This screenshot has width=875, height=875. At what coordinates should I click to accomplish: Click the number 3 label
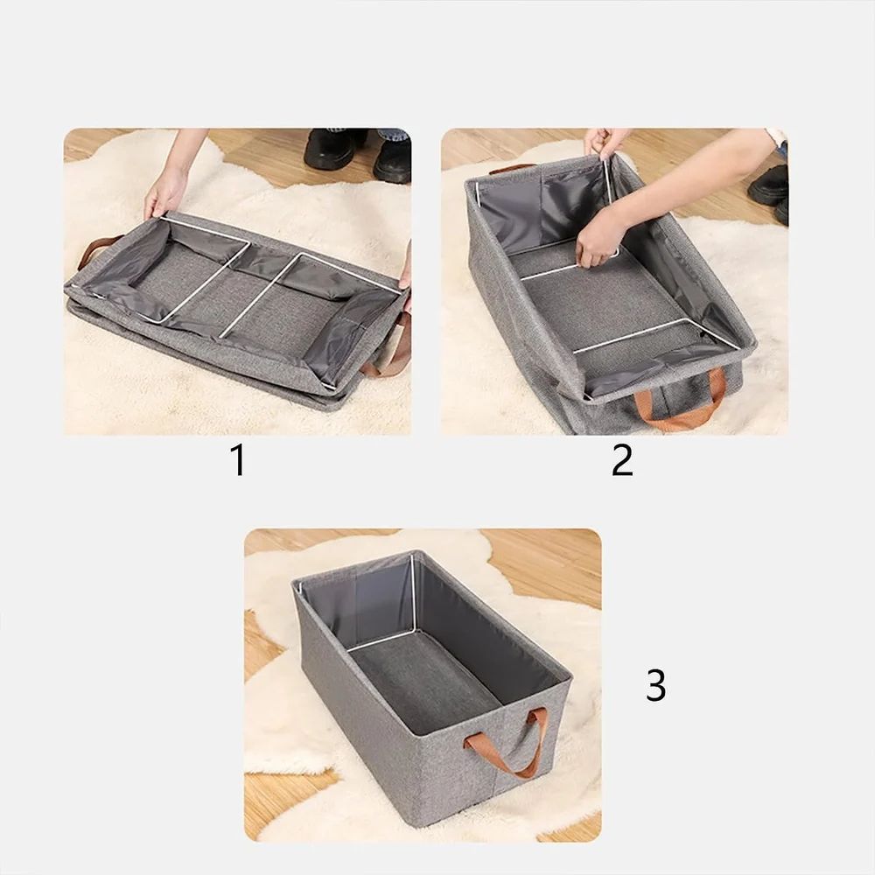click(x=655, y=685)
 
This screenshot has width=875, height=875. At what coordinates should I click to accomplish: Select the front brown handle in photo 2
click(x=680, y=404)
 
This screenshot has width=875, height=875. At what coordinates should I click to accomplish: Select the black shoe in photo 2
click(x=771, y=185)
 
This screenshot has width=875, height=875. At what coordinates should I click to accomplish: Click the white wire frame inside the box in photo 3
click(x=411, y=604)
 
